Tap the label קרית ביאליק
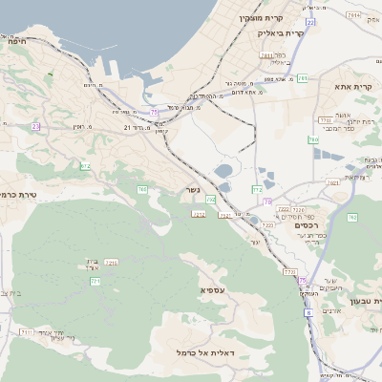[x=280, y=32]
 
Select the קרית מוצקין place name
[x=262, y=17]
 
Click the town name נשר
[x=192, y=189]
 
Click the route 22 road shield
[x=310, y=21]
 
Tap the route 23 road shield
[x=35, y=126]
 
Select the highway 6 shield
[x=308, y=312]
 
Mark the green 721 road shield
[x=95, y=281]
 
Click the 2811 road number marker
[x=266, y=55]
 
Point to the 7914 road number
[x=354, y=15]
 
